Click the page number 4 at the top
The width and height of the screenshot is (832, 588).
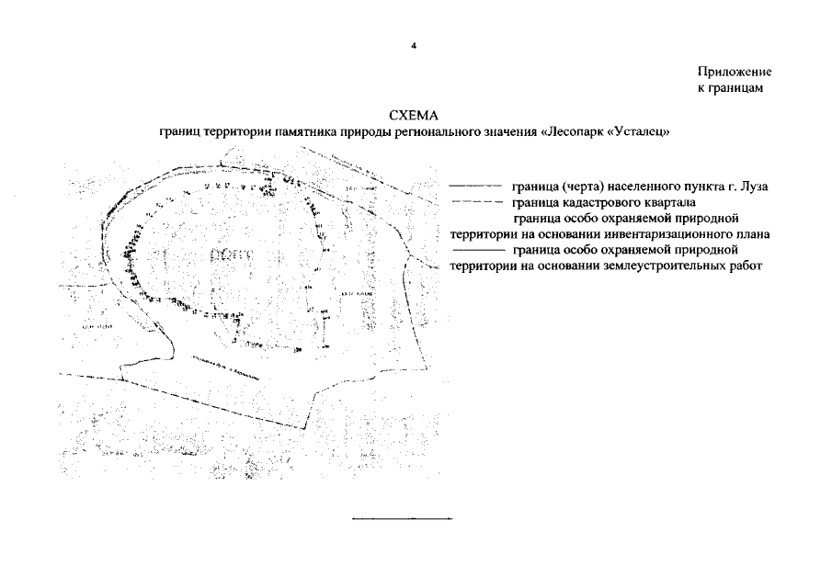pyautogui.click(x=415, y=42)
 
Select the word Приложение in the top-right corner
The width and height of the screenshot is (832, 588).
pyautogui.click(x=735, y=72)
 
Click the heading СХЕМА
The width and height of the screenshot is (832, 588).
pyautogui.click(x=415, y=117)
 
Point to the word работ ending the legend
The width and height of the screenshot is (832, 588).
pyautogui.click(x=747, y=265)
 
